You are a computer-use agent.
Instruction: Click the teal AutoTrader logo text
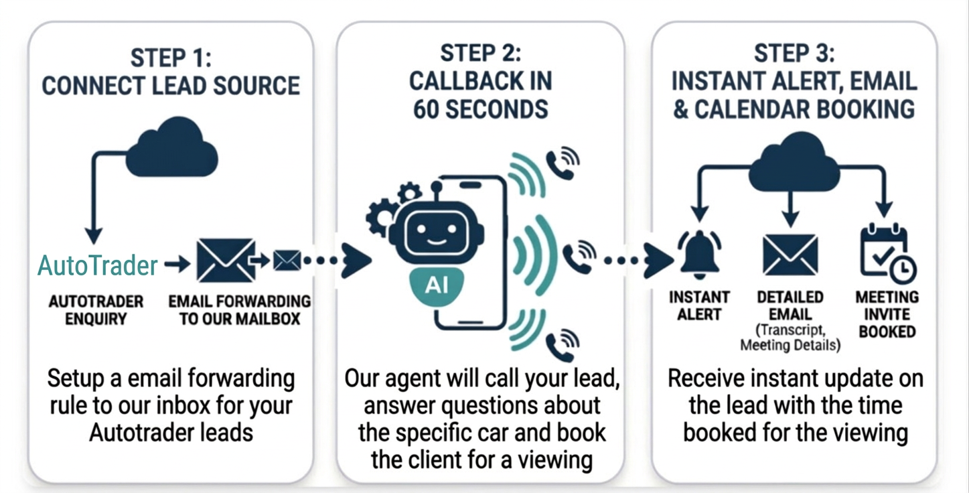[98, 266]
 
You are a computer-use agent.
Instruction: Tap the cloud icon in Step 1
[172, 149]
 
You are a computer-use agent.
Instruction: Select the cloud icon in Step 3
[794, 164]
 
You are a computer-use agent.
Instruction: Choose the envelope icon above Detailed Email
[790, 255]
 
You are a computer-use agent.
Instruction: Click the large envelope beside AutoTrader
[226, 261]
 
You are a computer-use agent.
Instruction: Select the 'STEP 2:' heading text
[480, 54]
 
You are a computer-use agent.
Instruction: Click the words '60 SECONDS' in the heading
[480, 109]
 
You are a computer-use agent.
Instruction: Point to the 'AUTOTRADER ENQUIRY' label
[95, 310]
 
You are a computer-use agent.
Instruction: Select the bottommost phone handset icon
[561, 346]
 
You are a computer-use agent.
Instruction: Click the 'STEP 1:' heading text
[171, 58]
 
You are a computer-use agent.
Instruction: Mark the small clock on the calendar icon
[904, 269]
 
